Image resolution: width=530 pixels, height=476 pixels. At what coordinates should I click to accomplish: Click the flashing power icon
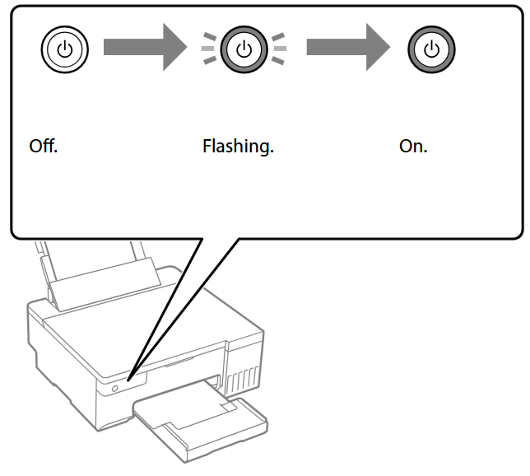click(x=243, y=50)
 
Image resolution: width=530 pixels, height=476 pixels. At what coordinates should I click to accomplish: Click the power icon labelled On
click(x=430, y=50)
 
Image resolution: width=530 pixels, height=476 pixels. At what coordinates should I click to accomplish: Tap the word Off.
click(x=43, y=147)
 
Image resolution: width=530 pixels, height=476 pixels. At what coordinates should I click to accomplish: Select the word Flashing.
click(x=238, y=148)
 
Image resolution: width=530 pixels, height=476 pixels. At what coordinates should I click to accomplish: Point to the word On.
click(x=413, y=147)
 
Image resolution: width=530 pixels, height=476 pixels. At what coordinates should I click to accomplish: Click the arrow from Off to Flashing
click(x=145, y=49)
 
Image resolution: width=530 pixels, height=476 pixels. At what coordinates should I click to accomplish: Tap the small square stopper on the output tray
click(x=228, y=405)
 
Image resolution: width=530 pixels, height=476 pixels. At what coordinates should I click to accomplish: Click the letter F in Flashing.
click(x=207, y=147)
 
